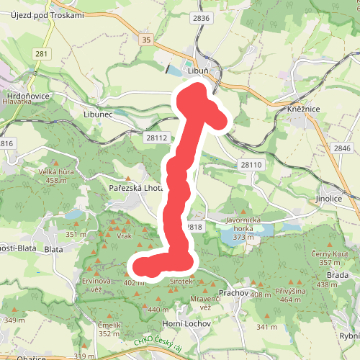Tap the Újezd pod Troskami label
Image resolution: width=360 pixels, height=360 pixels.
coord(48,16)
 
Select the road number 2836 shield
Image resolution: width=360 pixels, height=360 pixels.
coord(202,18)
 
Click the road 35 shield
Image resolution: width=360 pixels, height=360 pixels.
coord(147,40)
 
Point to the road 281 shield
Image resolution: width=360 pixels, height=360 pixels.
coord(42,53)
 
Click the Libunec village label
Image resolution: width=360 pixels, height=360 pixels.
coord(99,114)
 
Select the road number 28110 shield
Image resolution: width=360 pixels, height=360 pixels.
coord(251,165)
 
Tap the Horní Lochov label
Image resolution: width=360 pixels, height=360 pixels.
coord(186,324)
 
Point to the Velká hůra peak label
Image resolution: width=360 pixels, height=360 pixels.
coord(59,172)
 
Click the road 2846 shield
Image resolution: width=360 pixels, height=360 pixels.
coord(342,148)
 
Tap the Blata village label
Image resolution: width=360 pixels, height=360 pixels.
coord(54,249)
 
